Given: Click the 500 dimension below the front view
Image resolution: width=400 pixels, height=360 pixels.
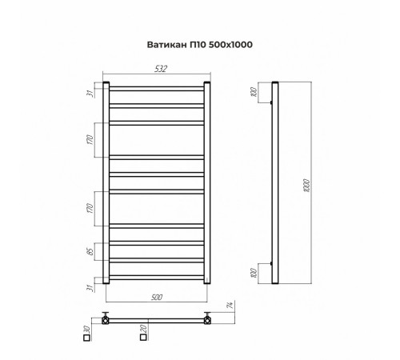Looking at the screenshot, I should click(x=157, y=297).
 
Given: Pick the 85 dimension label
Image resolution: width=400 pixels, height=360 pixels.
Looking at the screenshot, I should click(x=92, y=251).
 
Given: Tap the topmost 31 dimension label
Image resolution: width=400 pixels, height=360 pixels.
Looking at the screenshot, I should click(x=92, y=92).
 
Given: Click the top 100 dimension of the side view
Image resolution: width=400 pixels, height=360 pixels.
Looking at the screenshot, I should click(x=254, y=93).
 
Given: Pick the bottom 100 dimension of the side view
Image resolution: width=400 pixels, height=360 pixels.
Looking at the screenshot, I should click(x=254, y=272).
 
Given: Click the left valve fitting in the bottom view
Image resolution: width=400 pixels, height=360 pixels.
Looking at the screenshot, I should click(x=105, y=318).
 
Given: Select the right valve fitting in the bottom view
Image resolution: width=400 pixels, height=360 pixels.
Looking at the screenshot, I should click(x=207, y=318).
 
